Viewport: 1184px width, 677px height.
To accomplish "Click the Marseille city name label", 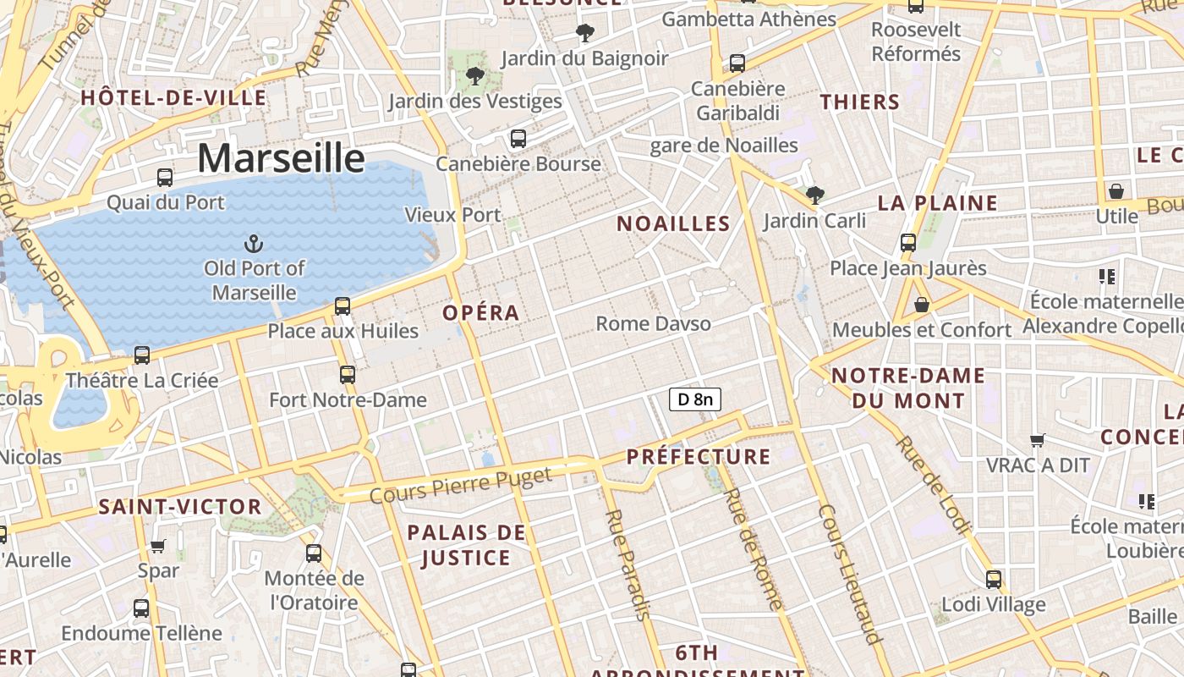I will click(x=281, y=158).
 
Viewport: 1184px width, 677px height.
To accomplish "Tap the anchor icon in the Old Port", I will click(x=254, y=245).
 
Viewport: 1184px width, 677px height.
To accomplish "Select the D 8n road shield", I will click(x=695, y=399).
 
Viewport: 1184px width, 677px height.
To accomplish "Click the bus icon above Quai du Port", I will click(x=165, y=178).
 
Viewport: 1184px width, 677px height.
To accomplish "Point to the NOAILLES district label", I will click(x=673, y=223).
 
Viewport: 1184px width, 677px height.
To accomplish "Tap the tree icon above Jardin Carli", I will click(x=815, y=195).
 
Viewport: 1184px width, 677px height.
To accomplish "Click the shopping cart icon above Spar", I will click(x=158, y=546).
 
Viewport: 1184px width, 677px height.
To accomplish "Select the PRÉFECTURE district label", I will click(x=699, y=457).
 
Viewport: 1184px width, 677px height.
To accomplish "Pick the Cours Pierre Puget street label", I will click(x=461, y=484).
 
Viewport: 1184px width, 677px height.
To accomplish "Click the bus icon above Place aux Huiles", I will click(x=343, y=305).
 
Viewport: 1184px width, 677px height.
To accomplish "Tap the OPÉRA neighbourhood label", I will click(x=480, y=312).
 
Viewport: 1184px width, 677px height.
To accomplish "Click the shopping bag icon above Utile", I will click(x=1116, y=191).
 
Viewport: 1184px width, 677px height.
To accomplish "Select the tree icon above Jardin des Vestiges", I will click(x=475, y=76).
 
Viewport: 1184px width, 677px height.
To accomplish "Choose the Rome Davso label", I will click(x=653, y=323).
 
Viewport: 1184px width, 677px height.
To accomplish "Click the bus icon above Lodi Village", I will click(x=994, y=580).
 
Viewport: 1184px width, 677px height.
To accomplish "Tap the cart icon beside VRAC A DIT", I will click(x=1038, y=440).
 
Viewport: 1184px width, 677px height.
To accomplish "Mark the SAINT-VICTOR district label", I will click(x=180, y=507).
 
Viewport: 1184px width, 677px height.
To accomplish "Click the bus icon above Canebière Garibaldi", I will click(x=737, y=63).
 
